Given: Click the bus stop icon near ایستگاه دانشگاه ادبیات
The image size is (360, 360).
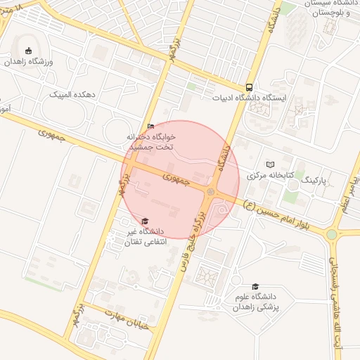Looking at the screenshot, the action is click(x=249, y=87).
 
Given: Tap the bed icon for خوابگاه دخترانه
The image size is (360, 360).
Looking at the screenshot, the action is click(x=150, y=126).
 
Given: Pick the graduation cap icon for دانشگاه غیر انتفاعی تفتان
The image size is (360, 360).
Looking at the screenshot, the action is click(x=145, y=221).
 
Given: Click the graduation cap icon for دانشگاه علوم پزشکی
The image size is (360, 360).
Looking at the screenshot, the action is click(x=255, y=287).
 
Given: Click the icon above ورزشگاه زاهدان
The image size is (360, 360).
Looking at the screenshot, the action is click(x=28, y=51).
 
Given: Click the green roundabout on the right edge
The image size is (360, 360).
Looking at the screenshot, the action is click(x=331, y=234).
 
